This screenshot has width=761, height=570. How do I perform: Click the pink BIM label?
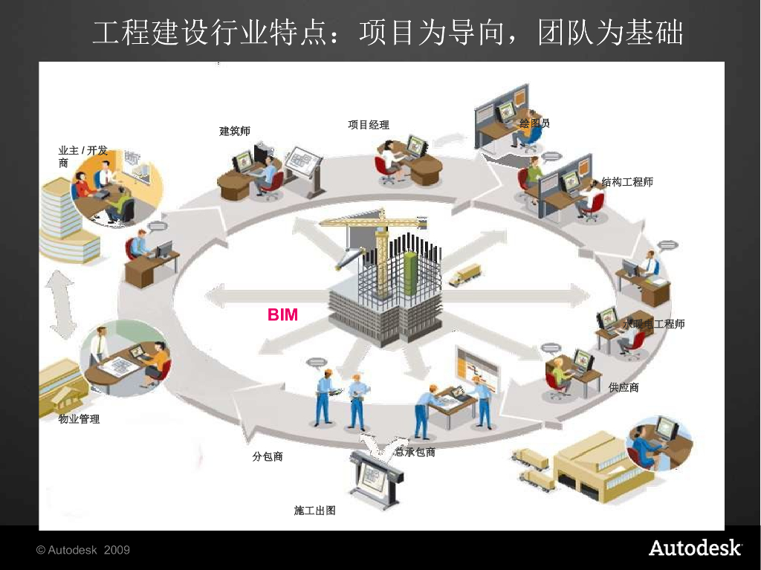coord(282,315)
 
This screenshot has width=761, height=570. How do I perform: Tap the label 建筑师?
coord(235,132)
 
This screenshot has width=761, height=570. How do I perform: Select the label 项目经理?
coord(369,125)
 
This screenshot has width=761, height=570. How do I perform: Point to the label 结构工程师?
coord(627,182)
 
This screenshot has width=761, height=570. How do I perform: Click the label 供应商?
coord(624,387)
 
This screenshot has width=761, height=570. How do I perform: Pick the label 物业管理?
coord(79,419)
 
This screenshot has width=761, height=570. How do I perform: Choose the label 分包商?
coord(268,456)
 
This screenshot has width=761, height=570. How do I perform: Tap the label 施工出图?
coord(315,511)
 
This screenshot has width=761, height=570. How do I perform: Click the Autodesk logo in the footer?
coord(695,548)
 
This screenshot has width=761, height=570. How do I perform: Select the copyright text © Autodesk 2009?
coord(83,550)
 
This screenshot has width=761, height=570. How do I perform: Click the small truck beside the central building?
coord(464,275)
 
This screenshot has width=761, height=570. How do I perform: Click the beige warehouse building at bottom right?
coord(595,468)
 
